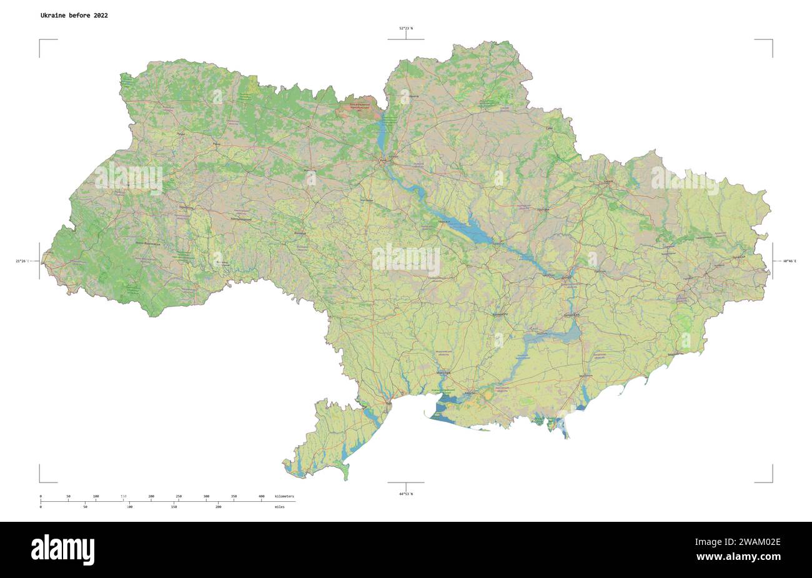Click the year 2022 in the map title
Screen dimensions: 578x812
click(x=100, y=16)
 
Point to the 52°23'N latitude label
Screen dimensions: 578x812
click(x=406, y=28)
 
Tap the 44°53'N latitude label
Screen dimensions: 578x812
click(x=406, y=494)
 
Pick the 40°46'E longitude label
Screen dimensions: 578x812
click(x=790, y=261)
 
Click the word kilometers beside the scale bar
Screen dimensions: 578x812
click(x=284, y=496)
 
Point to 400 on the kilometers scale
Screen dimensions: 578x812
click(x=261, y=496)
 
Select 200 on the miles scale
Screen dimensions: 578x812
click(x=218, y=507)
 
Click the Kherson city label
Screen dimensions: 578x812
click(x=469, y=394)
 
